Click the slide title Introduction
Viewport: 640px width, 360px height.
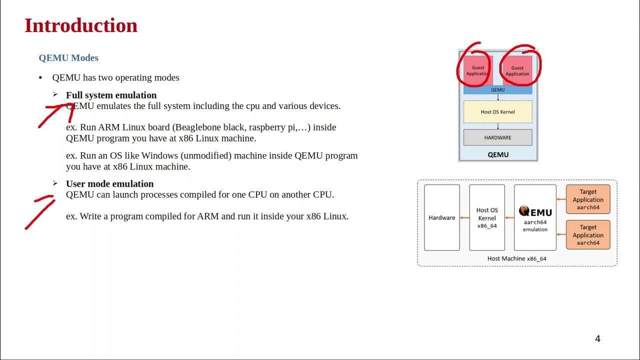[81, 26]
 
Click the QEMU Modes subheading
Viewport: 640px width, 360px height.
[68, 58]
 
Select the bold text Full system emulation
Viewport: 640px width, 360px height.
[111, 95]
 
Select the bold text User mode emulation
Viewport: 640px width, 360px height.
[109, 183]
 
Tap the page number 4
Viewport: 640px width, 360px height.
[597, 339]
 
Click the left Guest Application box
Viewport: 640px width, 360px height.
[477, 70]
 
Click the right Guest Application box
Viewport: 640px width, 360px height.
[517, 70]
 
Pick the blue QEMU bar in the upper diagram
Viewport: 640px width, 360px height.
[497, 90]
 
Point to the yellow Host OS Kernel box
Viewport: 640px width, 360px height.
[497, 112]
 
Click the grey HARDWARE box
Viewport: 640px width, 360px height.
[497, 137]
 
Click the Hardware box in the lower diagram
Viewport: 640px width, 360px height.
[442, 217]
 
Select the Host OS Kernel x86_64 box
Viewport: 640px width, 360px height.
[487, 217]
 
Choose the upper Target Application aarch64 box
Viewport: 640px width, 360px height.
[588, 199]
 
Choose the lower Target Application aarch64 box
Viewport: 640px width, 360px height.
[588, 235]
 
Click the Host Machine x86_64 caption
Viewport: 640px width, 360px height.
[517, 258]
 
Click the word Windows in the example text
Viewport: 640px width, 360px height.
[158, 155]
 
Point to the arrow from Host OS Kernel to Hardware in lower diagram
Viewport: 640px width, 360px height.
[464, 217]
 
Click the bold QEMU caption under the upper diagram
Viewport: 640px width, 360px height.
[498, 155]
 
